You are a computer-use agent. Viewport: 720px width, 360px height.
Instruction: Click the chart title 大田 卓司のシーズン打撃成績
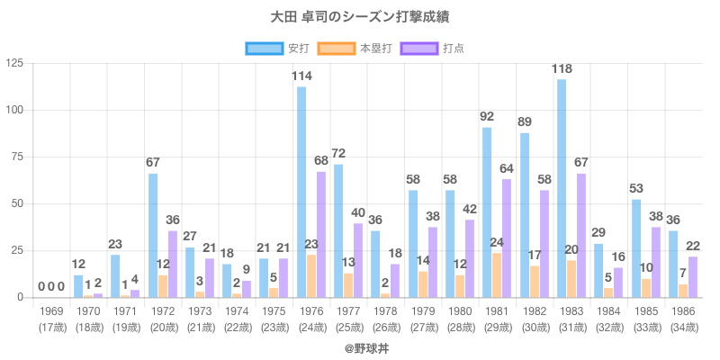tap(360, 17)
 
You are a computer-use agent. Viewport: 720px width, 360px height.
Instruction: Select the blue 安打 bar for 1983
tap(562, 188)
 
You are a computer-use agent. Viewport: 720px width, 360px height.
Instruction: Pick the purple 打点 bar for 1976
tap(321, 234)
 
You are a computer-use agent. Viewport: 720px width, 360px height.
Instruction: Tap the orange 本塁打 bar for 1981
tap(497, 274)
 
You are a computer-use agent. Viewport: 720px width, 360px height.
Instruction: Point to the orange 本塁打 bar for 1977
tap(348, 284)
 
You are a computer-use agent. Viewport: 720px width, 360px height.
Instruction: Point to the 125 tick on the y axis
tap(14, 63)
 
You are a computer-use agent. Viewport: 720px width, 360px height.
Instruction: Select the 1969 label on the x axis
tap(51, 310)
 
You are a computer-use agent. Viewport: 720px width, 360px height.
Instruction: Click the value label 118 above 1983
tap(563, 68)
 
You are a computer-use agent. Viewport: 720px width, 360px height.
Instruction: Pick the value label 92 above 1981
tap(488, 116)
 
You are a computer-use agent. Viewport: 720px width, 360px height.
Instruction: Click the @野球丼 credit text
tap(360, 346)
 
